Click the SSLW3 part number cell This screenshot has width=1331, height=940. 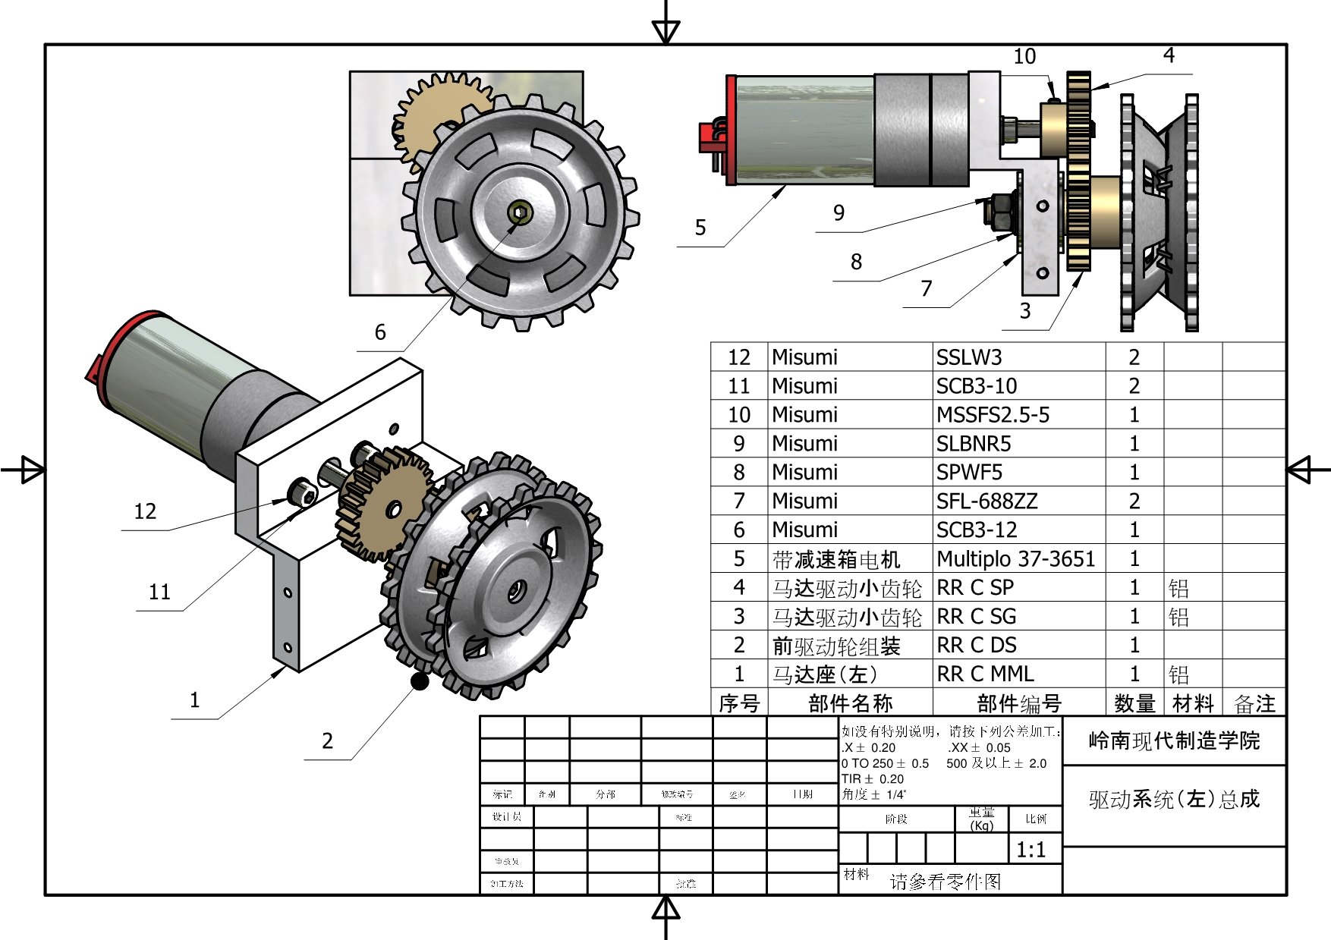tap(969, 357)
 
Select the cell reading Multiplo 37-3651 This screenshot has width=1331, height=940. tap(1016, 559)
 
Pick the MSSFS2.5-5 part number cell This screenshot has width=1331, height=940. tap(993, 415)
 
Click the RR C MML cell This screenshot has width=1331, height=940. tap(985, 674)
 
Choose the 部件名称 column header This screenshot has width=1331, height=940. tap(850, 703)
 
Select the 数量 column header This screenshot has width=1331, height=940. tap(1134, 703)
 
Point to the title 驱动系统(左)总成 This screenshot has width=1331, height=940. tap(1174, 799)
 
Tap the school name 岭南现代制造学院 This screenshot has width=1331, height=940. tap(1174, 740)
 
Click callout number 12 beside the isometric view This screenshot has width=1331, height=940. tap(145, 511)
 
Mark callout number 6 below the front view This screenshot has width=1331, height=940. tap(380, 332)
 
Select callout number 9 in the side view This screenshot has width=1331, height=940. tap(839, 213)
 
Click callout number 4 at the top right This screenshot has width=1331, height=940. tap(1169, 55)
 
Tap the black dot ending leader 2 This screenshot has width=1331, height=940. tap(420, 681)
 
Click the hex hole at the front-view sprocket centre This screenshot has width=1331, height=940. tap(519, 212)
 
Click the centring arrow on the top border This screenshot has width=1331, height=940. tap(665, 31)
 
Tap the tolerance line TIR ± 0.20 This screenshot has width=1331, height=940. tap(873, 778)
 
